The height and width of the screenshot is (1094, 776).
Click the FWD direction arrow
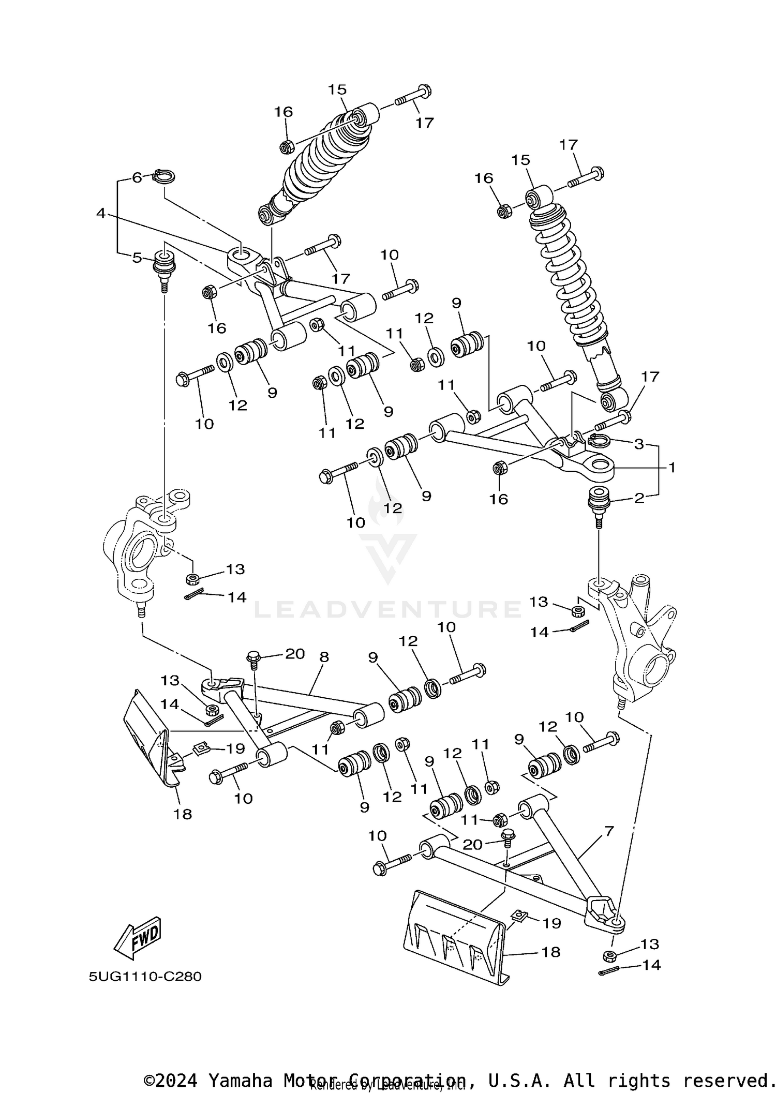(137, 937)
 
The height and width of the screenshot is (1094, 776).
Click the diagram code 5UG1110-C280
(145, 977)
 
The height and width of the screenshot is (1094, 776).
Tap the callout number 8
(324, 657)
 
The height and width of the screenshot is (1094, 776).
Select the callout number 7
(608, 831)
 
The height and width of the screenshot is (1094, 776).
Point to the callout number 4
(101, 213)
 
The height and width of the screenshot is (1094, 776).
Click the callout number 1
(671, 468)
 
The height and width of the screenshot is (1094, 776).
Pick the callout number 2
(639, 498)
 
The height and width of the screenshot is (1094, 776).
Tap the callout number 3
(639, 444)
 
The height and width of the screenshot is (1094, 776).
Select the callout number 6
(137, 177)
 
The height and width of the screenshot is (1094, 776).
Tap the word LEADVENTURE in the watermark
(388, 609)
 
